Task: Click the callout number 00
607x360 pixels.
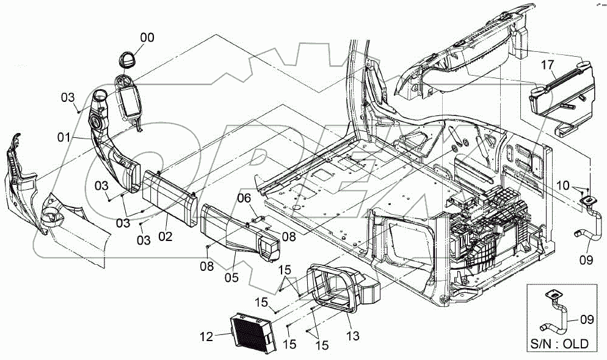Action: point(147,38)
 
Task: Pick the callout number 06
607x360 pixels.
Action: point(244,198)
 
